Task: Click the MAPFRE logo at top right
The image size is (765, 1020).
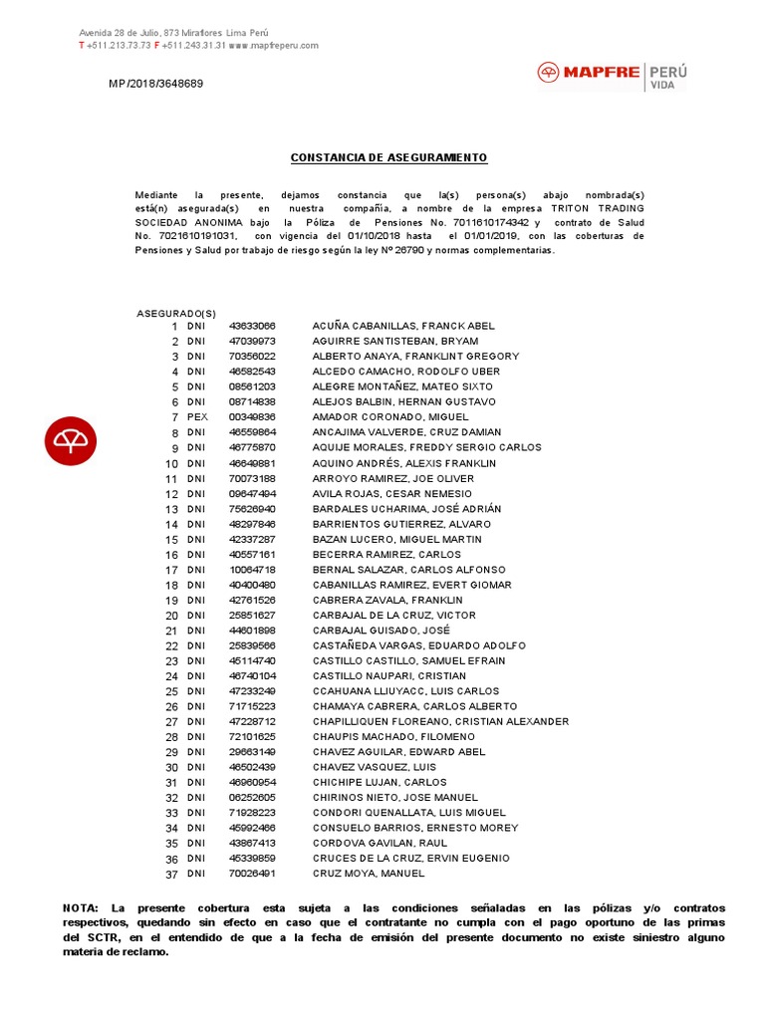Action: pyautogui.click(x=612, y=75)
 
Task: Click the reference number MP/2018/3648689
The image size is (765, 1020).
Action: pyautogui.click(x=155, y=84)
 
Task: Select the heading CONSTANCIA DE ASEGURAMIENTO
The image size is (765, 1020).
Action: pyautogui.click(x=388, y=158)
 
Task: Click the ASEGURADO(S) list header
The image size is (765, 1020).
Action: pyautogui.click(x=176, y=313)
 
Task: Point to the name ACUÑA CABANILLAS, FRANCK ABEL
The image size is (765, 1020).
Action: pyautogui.click(x=402, y=326)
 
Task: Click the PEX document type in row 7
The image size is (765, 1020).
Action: pyautogui.click(x=196, y=417)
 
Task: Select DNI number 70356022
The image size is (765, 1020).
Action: pyautogui.click(x=252, y=357)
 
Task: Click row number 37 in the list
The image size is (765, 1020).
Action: pyautogui.click(x=171, y=874)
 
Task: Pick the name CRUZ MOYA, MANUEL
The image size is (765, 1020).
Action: pyautogui.click(x=368, y=874)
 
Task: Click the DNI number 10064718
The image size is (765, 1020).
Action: pyautogui.click(x=252, y=570)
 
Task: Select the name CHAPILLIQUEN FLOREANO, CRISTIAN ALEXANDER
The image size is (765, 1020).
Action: pyautogui.click(x=440, y=721)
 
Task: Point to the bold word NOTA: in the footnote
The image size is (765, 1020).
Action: pyautogui.click(x=80, y=908)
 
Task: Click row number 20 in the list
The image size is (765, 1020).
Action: pyautogui.click(x=171, y=616)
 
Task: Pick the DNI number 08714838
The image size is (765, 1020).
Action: pyautogui.click(x=252, y=402)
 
